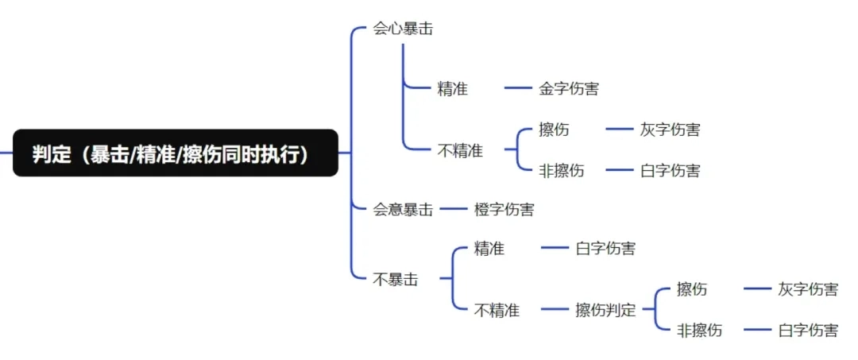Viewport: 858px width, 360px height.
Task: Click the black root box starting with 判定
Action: (175, 153)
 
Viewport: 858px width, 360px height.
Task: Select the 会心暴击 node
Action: (403, 29)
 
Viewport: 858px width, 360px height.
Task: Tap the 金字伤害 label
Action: (569, 88)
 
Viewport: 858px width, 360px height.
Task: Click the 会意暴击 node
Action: (403, 210)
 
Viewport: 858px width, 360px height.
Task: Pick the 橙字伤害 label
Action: (504, 210)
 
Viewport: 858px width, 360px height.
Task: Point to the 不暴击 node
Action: (396, 279)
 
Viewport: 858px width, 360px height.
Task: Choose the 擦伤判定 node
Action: (605, 310)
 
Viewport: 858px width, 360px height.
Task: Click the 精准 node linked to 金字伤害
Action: (452, 88)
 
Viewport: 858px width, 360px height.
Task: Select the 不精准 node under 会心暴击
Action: (460, 149)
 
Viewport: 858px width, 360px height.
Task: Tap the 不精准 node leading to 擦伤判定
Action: (497, 310)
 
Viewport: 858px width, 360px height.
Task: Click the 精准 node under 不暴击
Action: (489, 249)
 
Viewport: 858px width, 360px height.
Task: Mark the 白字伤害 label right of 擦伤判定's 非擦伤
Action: (807, 330)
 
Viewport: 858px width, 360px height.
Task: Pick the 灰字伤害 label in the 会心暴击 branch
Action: (670, 129)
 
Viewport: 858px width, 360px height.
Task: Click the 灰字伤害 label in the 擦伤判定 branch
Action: (807, 289)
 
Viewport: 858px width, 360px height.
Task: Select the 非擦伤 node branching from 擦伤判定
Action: (699, 330)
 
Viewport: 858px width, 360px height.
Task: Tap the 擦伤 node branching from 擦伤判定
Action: (691, 289)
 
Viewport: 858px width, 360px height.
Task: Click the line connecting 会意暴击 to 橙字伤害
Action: (453, 210)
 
